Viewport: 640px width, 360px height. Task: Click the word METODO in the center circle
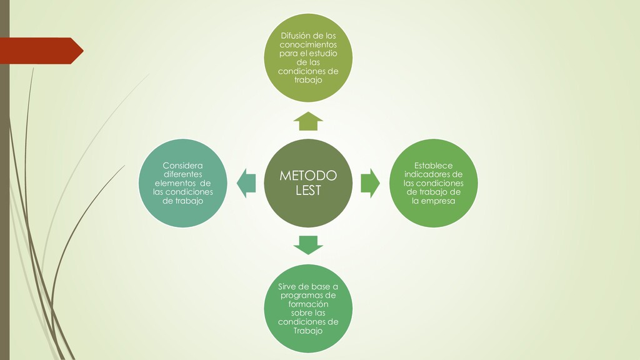[307, 176]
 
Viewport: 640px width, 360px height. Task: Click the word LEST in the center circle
[308, 190]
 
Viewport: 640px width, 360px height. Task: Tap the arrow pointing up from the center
[308, 121]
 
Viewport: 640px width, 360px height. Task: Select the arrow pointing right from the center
[371, 183]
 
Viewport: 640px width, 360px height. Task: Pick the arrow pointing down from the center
[308, 244]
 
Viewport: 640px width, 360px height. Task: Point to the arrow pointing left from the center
[247, 183]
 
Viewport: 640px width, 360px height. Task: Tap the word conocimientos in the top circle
[308, 45]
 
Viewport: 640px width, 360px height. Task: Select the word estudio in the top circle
[324, 54]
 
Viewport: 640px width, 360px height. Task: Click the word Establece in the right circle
[433, 166]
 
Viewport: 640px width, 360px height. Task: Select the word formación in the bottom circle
[308, 304]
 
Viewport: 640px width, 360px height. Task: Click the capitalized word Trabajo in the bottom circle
[308, 331]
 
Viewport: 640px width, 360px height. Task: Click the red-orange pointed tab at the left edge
[41, 51]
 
